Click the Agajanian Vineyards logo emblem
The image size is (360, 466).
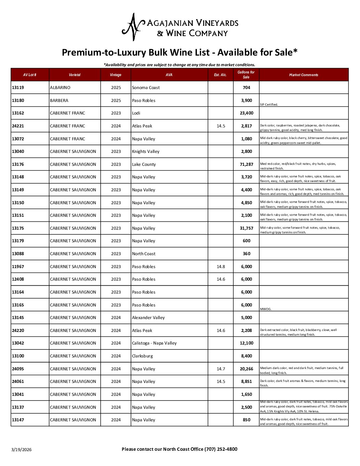133,27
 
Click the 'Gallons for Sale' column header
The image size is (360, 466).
246,75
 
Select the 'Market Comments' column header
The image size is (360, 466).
303,75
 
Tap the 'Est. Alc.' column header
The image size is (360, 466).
220,75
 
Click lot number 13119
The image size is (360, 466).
18,88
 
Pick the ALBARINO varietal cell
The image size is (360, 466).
60,88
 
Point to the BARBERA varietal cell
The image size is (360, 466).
59,101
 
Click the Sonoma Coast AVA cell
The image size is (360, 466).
146,88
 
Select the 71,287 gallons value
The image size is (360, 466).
247,164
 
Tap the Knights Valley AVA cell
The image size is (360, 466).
146,152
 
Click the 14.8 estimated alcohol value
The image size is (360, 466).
221,267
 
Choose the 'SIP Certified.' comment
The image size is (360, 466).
269,105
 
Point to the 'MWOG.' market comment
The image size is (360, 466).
265,309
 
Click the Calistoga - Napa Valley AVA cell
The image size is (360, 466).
154,343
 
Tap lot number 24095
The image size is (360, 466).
18,369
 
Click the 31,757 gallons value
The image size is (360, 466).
247,228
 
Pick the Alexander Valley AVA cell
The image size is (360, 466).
148,318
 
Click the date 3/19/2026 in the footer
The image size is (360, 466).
22,449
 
